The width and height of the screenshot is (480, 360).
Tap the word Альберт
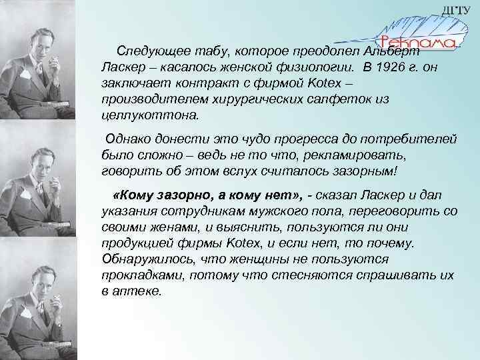pos(393,51)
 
